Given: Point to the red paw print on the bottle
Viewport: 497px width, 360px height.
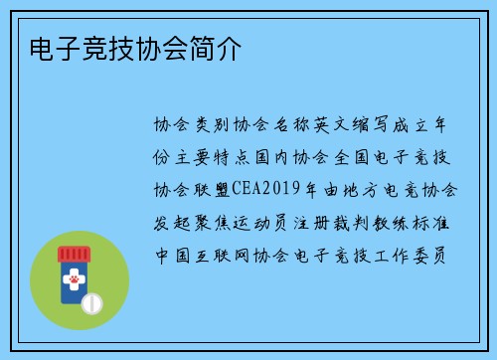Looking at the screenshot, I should click(73, 283).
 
